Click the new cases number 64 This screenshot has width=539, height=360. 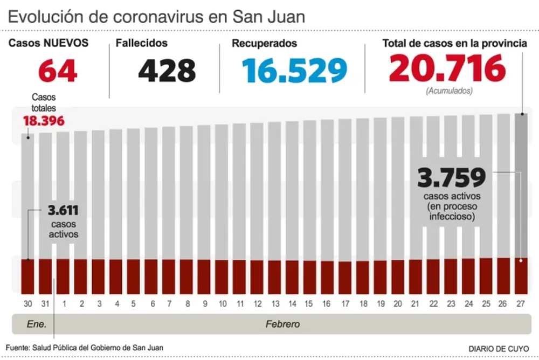tap(58, 71)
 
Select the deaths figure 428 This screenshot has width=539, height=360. tap(167, 71)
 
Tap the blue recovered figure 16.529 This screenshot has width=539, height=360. tap(294, 71)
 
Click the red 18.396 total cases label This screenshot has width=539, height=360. tap(44, 121)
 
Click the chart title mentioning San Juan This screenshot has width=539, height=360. tap(157, 17)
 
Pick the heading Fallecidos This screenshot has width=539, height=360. tap(142, 43)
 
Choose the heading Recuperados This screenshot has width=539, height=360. tap(264, 43)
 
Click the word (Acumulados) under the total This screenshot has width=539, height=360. tap(449, 91)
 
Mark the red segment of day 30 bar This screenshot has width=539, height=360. tap(27, 276)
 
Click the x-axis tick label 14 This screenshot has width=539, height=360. tap(292, 303)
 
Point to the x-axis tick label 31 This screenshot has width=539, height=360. tap(45, 303)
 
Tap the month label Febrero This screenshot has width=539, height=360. tap(282, 324)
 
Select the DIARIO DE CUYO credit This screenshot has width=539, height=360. tap(499, 348)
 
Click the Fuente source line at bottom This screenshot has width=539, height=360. tap(85, 348)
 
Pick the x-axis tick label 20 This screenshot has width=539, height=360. tap(398, 303)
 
